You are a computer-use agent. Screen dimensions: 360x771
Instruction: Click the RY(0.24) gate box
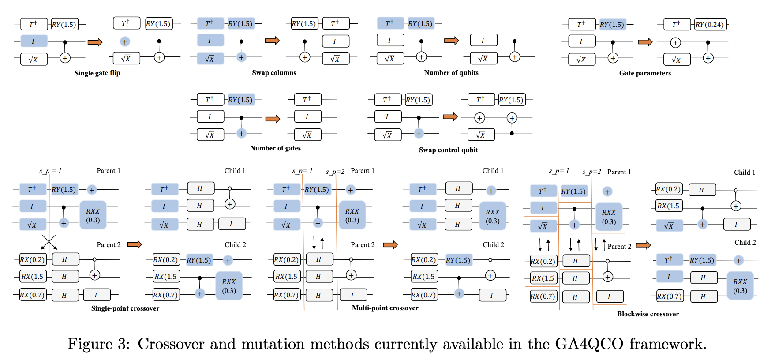[710, 25]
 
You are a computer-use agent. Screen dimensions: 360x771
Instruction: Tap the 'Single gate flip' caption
[97, 73]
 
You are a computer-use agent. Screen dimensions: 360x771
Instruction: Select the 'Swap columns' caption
[274, 73]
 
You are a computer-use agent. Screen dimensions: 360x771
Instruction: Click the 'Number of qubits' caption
[451, 73]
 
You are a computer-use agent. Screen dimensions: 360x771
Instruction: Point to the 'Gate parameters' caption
[645, 73]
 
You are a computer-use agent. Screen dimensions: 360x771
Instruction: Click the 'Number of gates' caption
[275, 148]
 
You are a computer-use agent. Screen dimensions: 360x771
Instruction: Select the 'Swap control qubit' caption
[448, 150]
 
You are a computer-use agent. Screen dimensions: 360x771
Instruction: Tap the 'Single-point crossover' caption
[125, 308]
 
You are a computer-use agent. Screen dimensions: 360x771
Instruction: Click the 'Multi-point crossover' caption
[385, 308]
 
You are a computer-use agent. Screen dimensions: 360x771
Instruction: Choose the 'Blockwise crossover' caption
[647, 314]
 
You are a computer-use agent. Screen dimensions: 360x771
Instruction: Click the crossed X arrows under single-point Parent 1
[49, 242]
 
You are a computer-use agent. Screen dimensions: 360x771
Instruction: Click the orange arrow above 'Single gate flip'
[95, 42]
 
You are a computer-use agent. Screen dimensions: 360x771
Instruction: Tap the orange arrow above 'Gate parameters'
[645, 42]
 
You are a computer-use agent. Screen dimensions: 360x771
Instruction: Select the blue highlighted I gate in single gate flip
[34, 41]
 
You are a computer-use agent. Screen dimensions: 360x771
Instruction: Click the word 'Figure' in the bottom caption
[90, 344]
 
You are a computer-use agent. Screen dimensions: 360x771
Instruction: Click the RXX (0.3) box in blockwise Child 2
[740, 286]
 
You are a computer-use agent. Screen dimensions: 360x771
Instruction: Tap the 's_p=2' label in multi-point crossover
[335, 172]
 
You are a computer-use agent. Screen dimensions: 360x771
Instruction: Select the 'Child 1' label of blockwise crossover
[744, 172]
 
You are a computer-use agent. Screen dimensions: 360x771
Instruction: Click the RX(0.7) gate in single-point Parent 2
[33, 295]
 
